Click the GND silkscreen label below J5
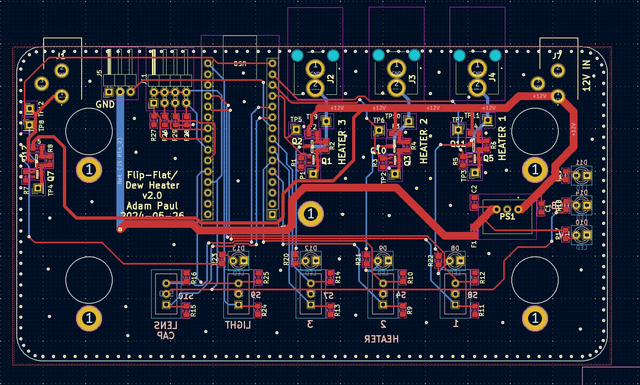105,105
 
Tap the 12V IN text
586,76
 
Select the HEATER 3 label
342,142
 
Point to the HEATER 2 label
424,141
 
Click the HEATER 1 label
502,138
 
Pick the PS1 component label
507,217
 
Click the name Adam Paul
152,206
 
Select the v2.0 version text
152,196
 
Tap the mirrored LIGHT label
238,325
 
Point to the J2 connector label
330,79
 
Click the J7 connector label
557,56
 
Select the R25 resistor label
266,278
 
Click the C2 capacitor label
474,189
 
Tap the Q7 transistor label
51,176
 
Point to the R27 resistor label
153,136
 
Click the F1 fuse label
474,245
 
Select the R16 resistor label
194,278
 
